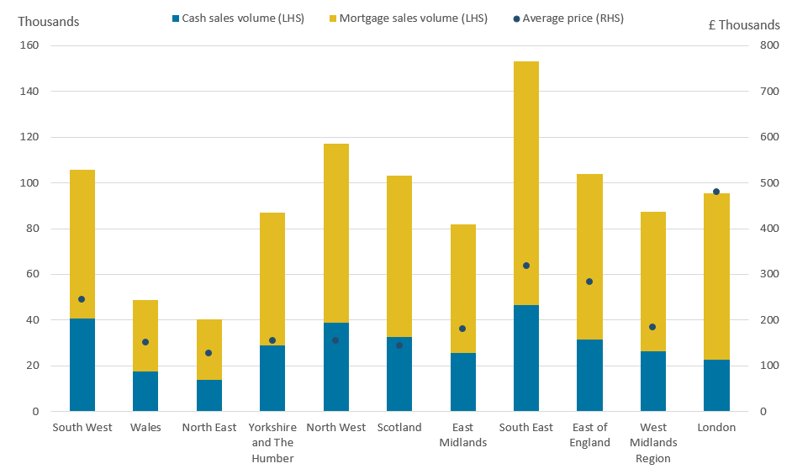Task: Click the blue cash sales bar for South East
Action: click(525, 358)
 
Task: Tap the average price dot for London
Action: click(716, 192)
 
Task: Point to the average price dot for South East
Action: click(526, 266)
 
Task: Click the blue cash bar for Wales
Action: click(145, 391)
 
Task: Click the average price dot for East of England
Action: click(589, 282)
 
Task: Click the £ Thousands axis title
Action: click(744, 24)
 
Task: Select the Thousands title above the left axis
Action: click(49, 22)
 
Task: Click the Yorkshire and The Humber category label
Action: click(272, 442)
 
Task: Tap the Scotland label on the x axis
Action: click(399, 427)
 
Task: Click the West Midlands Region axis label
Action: click(653, 442)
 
